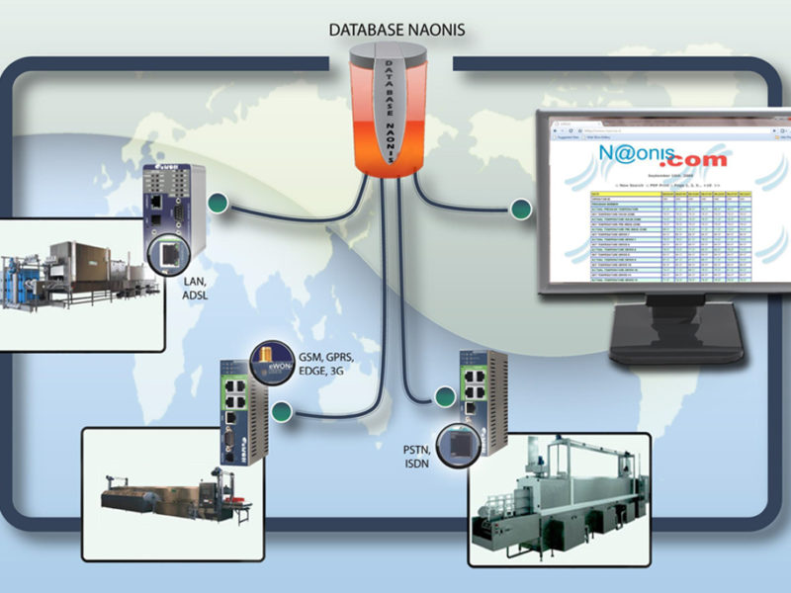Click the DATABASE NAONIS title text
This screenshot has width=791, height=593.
[395, 30]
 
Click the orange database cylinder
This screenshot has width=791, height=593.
[394, 114]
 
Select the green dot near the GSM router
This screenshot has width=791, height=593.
[282, 413]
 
